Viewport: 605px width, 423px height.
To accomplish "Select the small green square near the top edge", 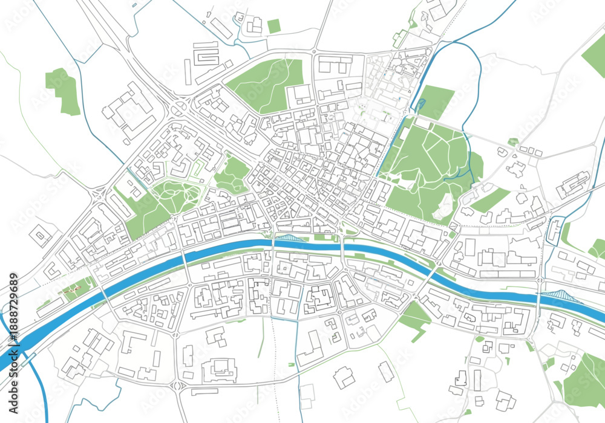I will point(274,26).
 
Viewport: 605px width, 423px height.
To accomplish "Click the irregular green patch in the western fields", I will point(64,91).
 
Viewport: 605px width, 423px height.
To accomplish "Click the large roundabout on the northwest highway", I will point(178,108).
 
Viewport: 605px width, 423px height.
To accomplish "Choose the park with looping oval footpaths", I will point(176,196).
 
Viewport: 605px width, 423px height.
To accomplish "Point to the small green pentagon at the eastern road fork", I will point(513,142).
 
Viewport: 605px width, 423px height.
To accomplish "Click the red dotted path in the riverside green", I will point(72,291).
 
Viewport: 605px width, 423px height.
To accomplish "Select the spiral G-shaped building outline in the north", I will point(206,56).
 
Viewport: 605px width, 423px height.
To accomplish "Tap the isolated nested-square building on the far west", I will point(42,236).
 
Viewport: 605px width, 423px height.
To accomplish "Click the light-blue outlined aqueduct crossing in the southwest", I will point(27,361).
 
